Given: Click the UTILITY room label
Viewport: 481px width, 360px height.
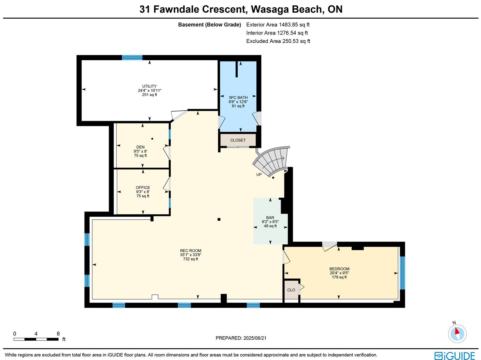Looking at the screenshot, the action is [x=149, y=86].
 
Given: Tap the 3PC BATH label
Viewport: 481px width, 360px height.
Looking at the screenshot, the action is [x=238, y=98].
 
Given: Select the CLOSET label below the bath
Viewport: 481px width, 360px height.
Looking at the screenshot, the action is [x=238, y=140].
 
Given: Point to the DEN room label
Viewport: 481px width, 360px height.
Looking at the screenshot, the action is [x=140, y=147].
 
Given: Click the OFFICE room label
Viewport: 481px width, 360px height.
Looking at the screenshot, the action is [x=143, y=188].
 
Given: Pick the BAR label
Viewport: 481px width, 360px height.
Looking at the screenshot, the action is [x=270, y=218].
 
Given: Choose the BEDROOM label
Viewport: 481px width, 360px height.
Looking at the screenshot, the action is [x=339, y=269].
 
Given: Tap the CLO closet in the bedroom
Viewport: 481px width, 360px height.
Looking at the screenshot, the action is [x=291, y=290].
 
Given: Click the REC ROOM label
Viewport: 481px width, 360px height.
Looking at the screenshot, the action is [x=190, y=251].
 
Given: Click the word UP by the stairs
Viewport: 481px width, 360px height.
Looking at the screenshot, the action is [x=259, y=175].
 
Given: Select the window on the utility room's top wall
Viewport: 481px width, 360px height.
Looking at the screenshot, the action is [x=132, y=58].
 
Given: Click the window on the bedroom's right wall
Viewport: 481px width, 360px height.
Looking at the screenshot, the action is [x=402, y=273].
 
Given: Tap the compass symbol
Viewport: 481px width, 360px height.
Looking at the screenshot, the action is [x=457, y=334].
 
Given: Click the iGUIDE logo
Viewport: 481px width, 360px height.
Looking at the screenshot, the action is [x=455, y=356].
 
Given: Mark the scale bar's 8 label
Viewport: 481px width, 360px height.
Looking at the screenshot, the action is [x=58, y=334].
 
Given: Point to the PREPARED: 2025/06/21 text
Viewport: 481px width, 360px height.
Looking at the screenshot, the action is [x=241, y=338].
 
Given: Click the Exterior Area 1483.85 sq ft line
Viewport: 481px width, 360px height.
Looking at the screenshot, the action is [x=278, y=25].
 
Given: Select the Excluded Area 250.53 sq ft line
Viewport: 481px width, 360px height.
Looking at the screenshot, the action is [x=278, y=41].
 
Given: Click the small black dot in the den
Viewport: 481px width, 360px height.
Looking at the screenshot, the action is [x=152, y=139].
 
